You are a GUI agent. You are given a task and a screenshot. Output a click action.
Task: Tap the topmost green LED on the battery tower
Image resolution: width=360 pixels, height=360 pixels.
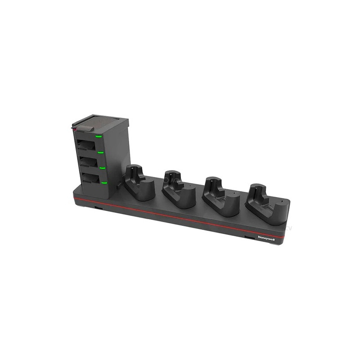coord(99,135)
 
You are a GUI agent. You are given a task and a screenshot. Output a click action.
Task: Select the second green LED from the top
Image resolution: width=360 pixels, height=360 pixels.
coord(101,153)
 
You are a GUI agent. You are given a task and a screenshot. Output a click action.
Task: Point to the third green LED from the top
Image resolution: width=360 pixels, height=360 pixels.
coord(103,168)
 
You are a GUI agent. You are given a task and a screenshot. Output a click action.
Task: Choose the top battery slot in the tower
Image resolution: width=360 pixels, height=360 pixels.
coord(86,145)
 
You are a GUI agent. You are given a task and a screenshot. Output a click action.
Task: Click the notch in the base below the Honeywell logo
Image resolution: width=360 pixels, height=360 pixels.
coord(248,236)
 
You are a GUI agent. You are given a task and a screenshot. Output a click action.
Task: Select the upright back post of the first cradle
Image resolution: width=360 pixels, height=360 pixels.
coord(135,172)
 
